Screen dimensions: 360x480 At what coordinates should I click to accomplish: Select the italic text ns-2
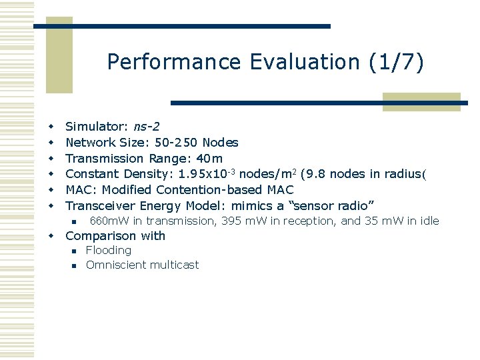146,126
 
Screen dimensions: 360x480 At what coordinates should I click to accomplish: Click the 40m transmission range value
210,158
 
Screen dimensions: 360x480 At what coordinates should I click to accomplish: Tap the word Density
140,174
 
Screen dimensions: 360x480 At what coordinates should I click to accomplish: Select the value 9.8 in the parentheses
316,174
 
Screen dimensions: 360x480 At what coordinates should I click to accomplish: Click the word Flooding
109,251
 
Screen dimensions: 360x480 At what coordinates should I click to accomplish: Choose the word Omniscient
113,265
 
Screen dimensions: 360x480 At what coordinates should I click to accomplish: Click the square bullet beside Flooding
75,251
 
